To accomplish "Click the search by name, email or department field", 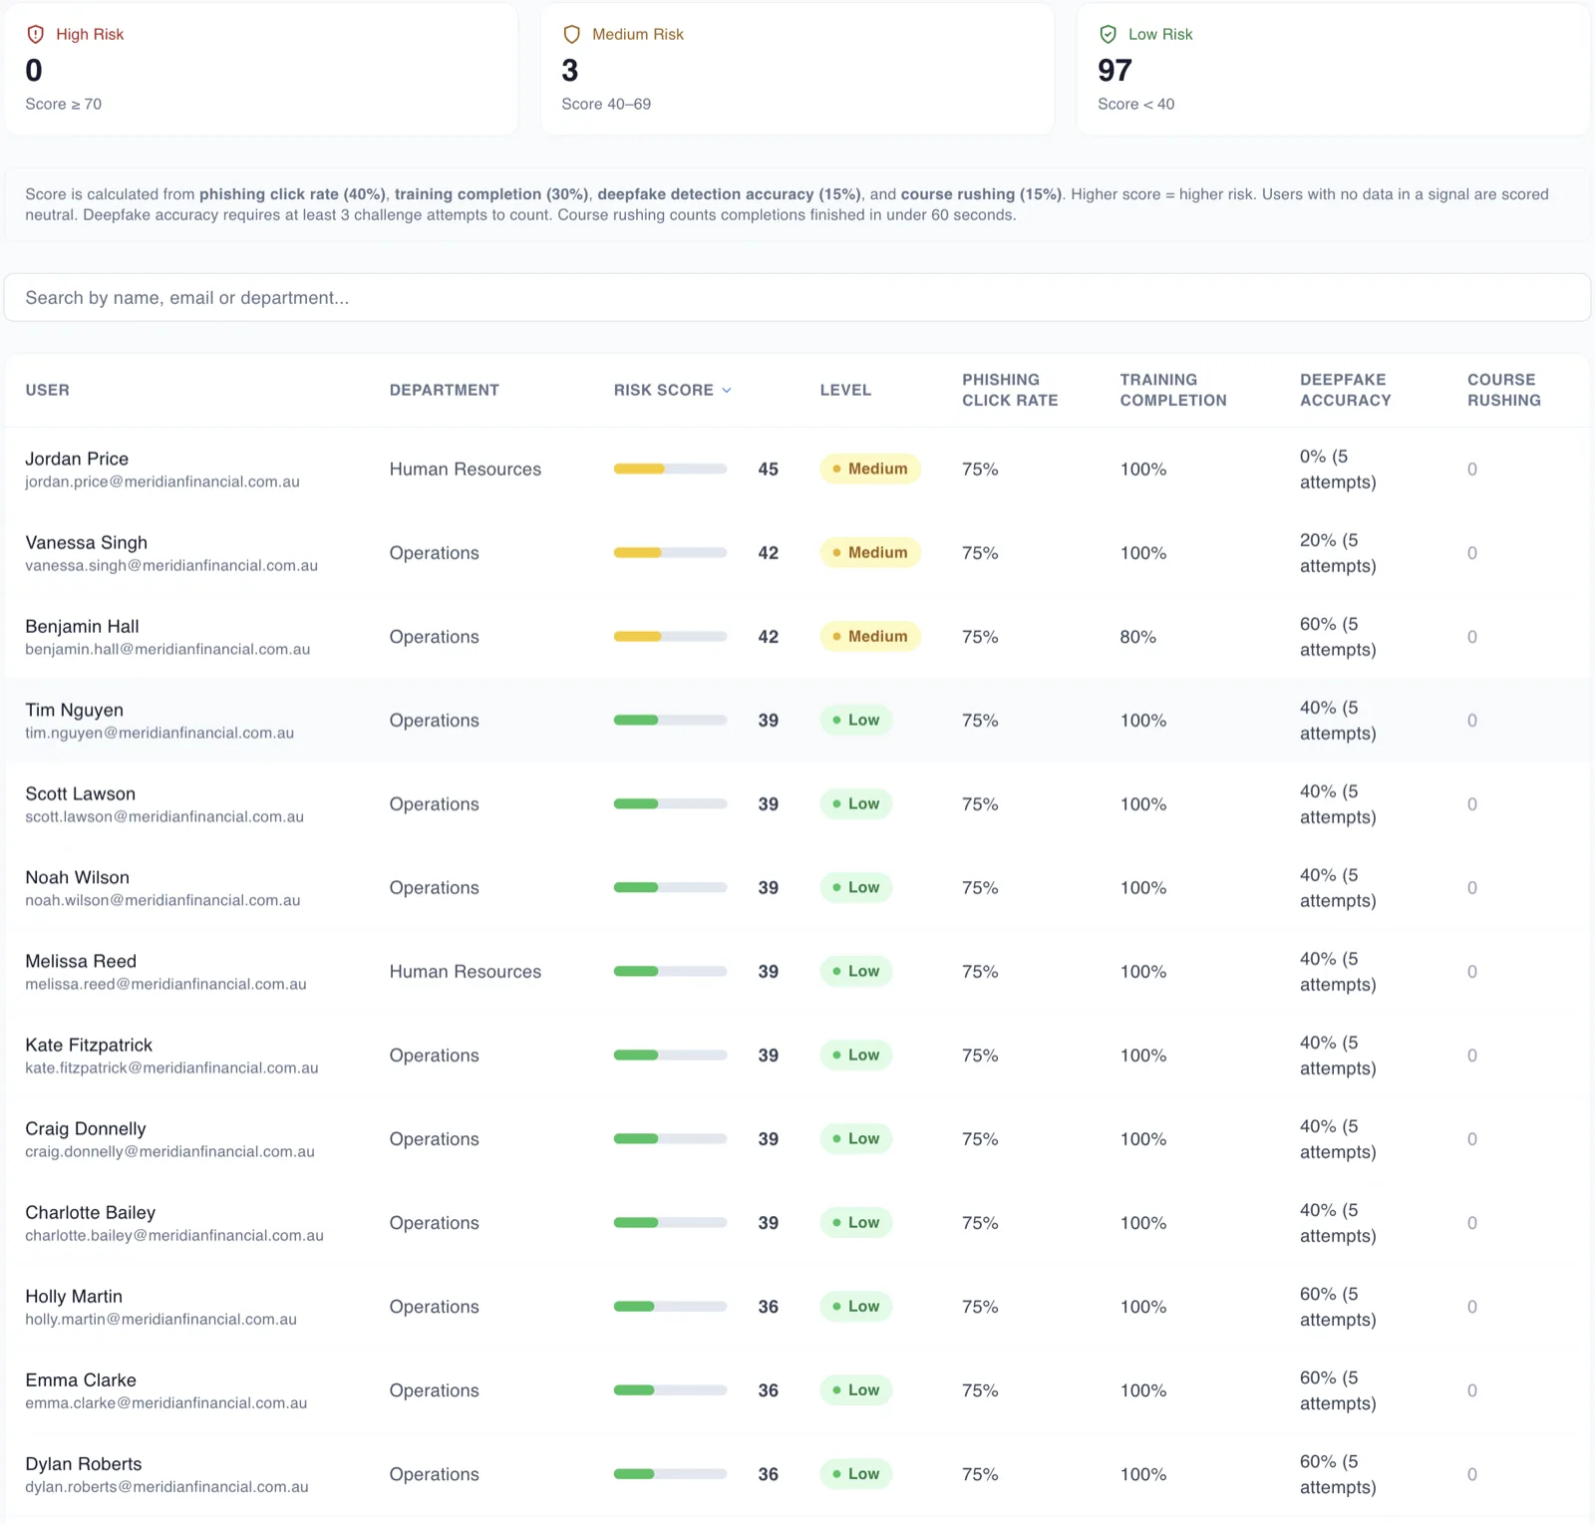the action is [x=797, y=298].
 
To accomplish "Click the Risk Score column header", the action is [x=664, y=390].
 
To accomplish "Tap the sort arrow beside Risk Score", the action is [x=727, y=391].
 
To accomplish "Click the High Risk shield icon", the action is [x=36, y=34].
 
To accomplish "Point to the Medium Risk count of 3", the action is [x=570, y=71].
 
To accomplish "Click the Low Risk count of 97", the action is [x=1115, y=71].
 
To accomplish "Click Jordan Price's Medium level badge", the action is [x=870, y=468].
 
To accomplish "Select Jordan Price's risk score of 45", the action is [x=768, y=469].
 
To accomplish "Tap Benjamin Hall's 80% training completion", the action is [x=1137, y=637].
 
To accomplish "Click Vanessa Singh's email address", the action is [x=171, y=565].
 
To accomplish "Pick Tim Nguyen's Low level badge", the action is [x=856, y=720].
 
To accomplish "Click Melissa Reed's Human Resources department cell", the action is [x=466, y=972].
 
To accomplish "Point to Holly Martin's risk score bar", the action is [x=670, y=1307].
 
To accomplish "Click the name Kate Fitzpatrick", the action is [x=89, y=1045].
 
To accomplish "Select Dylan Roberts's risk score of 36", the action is [x=768, y=1474].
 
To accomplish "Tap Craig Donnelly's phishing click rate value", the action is [x=980, y=1139].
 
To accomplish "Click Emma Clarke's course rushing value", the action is [x=1472, y=1390].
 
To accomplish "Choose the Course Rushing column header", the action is [x=1503, y=390].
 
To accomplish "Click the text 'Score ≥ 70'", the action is [x=63, y=104].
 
